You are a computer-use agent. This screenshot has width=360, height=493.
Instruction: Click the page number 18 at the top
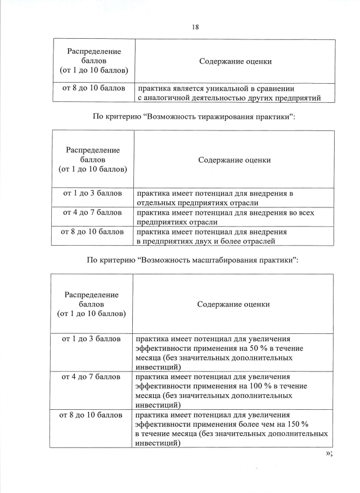tap(195, 26)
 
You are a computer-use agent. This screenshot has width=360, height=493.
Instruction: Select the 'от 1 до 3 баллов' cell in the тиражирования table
tap(92, 193)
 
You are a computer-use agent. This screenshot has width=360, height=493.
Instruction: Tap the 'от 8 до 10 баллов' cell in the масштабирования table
tap(91, 415)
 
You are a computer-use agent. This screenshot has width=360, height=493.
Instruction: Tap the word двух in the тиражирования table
tap(195, 241)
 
